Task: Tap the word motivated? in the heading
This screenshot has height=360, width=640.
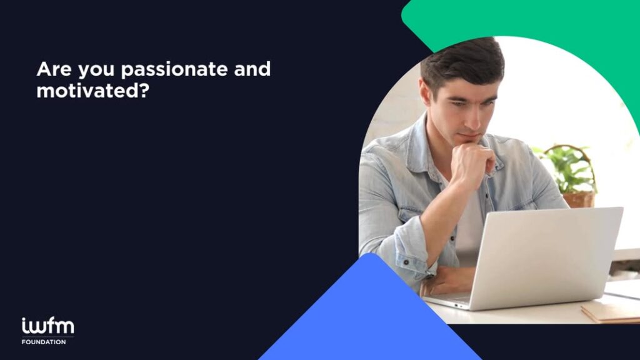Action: click(93, 91)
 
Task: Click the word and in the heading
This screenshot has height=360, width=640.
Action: click(252, 69)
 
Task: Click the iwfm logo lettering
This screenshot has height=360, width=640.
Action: click(47, 326)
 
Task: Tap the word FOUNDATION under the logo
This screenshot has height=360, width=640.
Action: click(44, 342)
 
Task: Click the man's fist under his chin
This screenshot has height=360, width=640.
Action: click(474, 163)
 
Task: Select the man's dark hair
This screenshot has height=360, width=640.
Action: click(461, 61)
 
